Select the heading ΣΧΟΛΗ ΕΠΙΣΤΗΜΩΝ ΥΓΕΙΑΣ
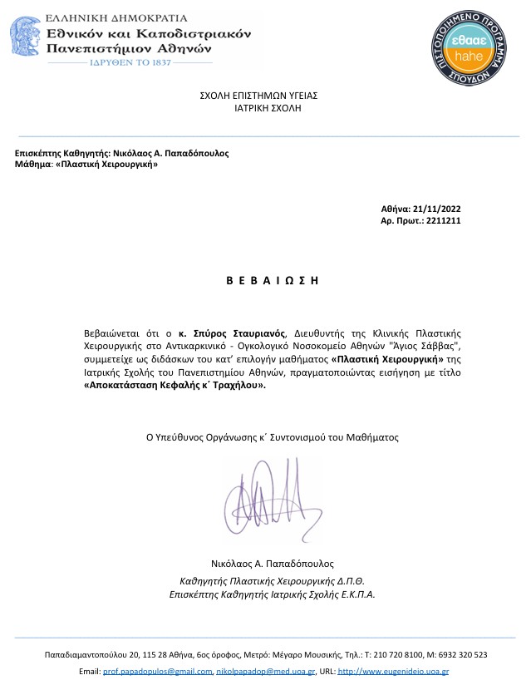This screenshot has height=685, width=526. (x=258, y=96)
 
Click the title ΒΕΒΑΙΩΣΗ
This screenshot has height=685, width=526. (x=273, y=280)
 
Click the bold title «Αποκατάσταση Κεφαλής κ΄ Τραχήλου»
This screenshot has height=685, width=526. (x=175, y=386)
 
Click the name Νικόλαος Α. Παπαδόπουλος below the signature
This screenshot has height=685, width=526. (x=273, y=564)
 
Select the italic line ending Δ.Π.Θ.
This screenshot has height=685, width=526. (x=273, y=581)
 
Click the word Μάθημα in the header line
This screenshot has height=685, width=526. (x=33, y=165)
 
